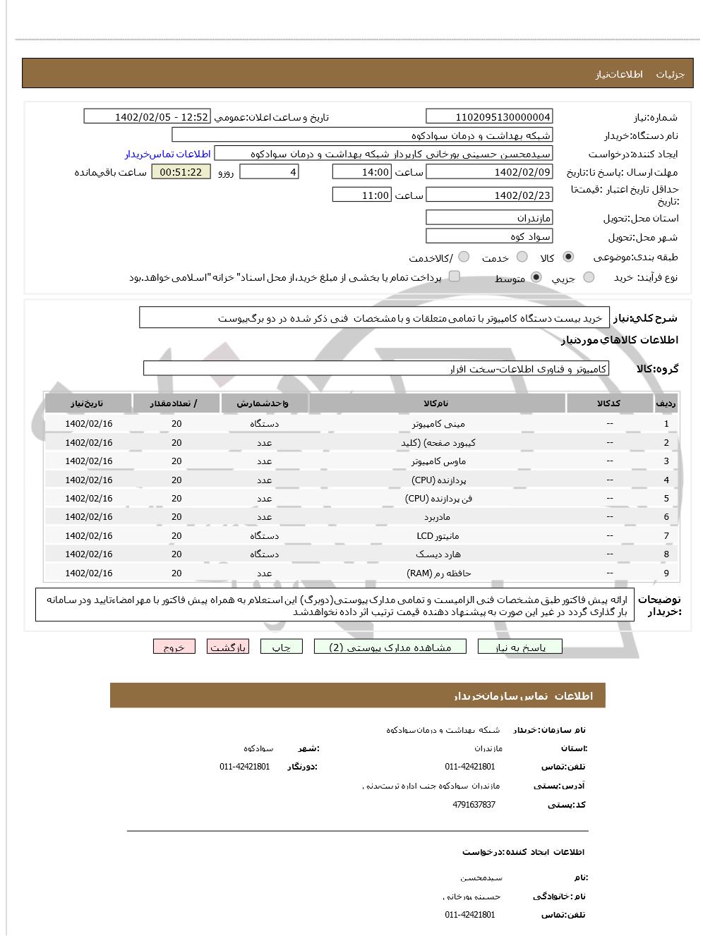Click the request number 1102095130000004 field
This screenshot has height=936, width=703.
point(489,116)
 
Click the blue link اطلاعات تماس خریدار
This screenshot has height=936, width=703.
point(168,154)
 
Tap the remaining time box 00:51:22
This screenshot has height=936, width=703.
point(181,172)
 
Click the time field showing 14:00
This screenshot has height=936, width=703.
point(361,172)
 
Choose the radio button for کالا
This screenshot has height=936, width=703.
point(568,257)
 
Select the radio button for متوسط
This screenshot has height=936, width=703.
point(536,277)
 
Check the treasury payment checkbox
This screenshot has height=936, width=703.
point(455,276)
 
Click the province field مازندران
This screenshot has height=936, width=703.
point(489,218)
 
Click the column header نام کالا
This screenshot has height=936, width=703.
point(436,403)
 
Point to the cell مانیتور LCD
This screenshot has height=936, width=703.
point(438,536)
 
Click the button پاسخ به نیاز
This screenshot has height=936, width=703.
point(519,648)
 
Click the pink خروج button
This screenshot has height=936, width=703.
point(174,648)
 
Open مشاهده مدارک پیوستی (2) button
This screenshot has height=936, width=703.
point(390,648)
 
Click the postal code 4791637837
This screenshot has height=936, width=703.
point(474,805)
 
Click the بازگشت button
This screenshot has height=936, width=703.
point(227,648)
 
